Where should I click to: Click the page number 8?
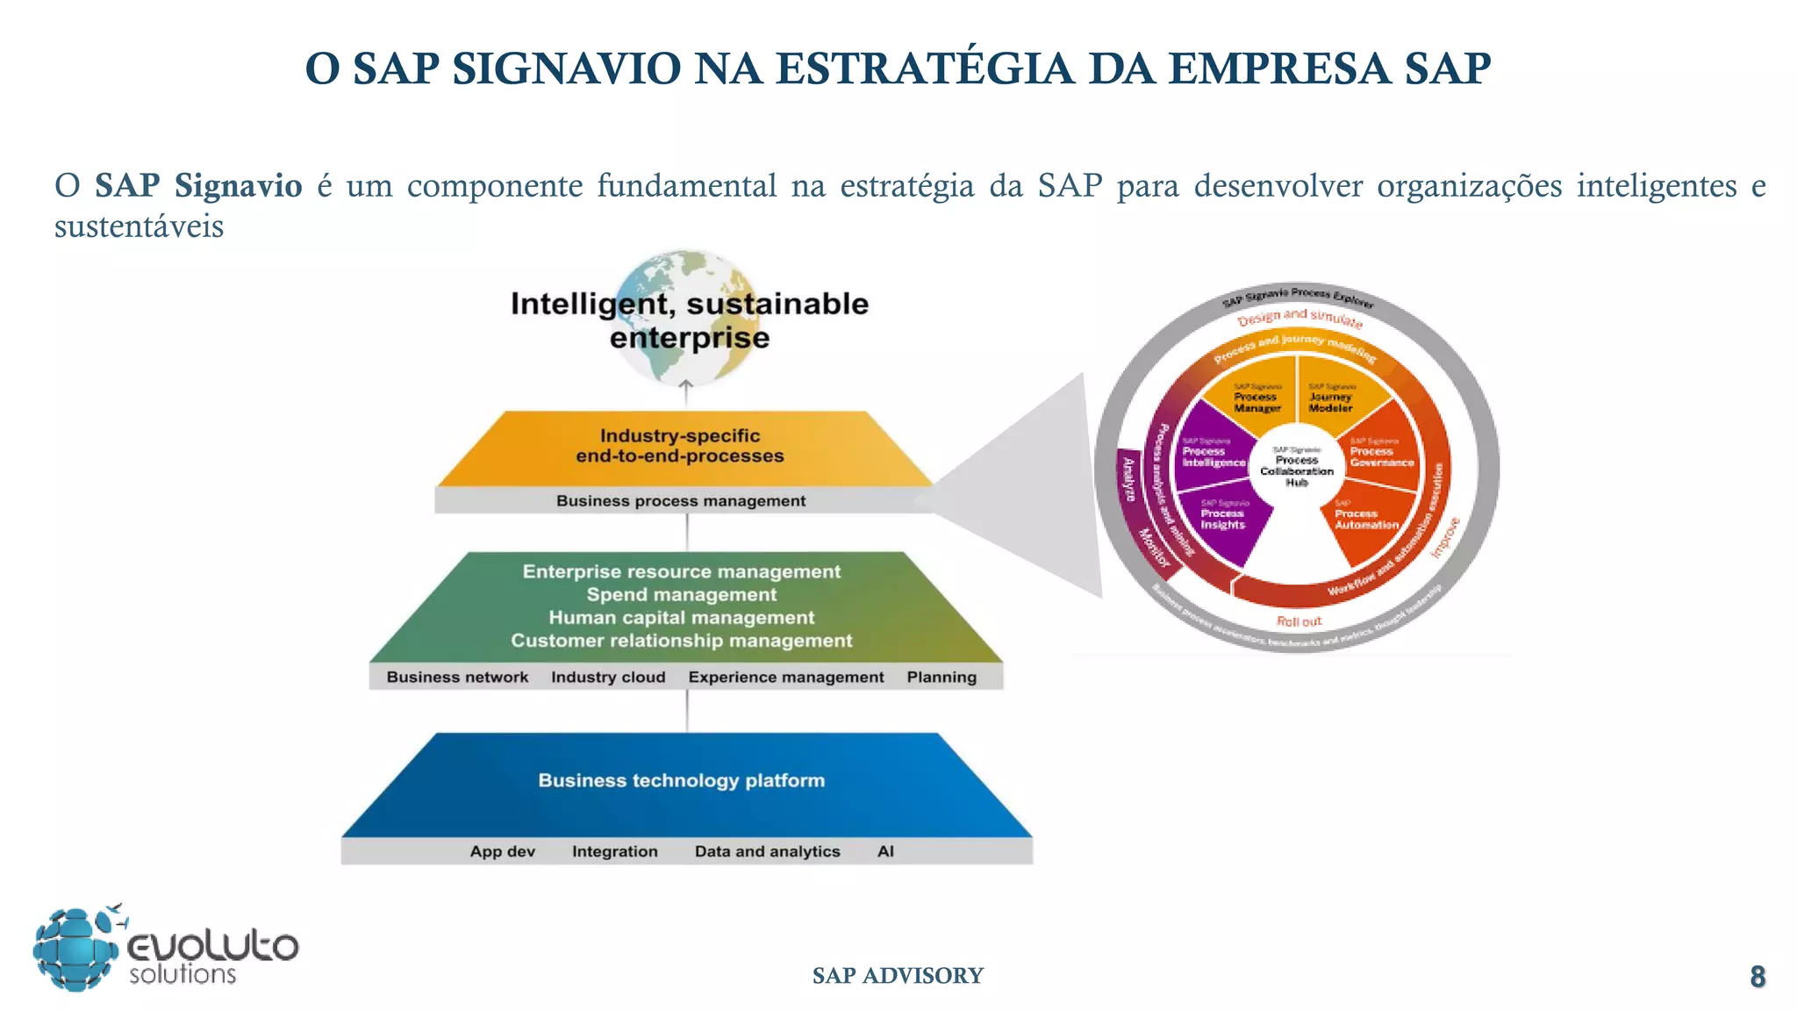point(1757,976)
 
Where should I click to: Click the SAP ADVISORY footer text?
point(898,975)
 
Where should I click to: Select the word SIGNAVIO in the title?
point(566,68)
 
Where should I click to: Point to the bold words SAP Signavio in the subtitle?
point(198,185)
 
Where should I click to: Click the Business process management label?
point(680,501)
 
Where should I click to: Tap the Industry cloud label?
point(608,677)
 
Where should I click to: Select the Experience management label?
point(786,677)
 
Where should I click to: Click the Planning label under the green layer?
point(941,677)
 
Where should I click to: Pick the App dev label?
point(503,851)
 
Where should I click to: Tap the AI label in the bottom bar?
point(885,851)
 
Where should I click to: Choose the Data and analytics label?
point(767,851)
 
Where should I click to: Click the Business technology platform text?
point(682,780)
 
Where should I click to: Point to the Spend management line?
point(682,594)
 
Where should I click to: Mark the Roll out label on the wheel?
point(1299,621)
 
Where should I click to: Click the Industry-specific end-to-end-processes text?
point(680,446)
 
